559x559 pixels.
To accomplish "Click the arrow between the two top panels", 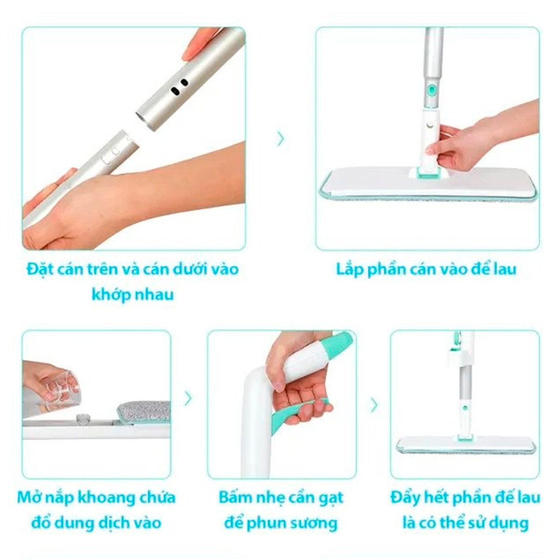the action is click(x=280, y=139).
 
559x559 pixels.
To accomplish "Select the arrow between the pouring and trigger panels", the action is click(x=188, y=398).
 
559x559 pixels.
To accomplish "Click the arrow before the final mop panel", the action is click(x=374, y=405).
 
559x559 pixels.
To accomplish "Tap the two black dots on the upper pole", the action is click(x=179, y=87).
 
